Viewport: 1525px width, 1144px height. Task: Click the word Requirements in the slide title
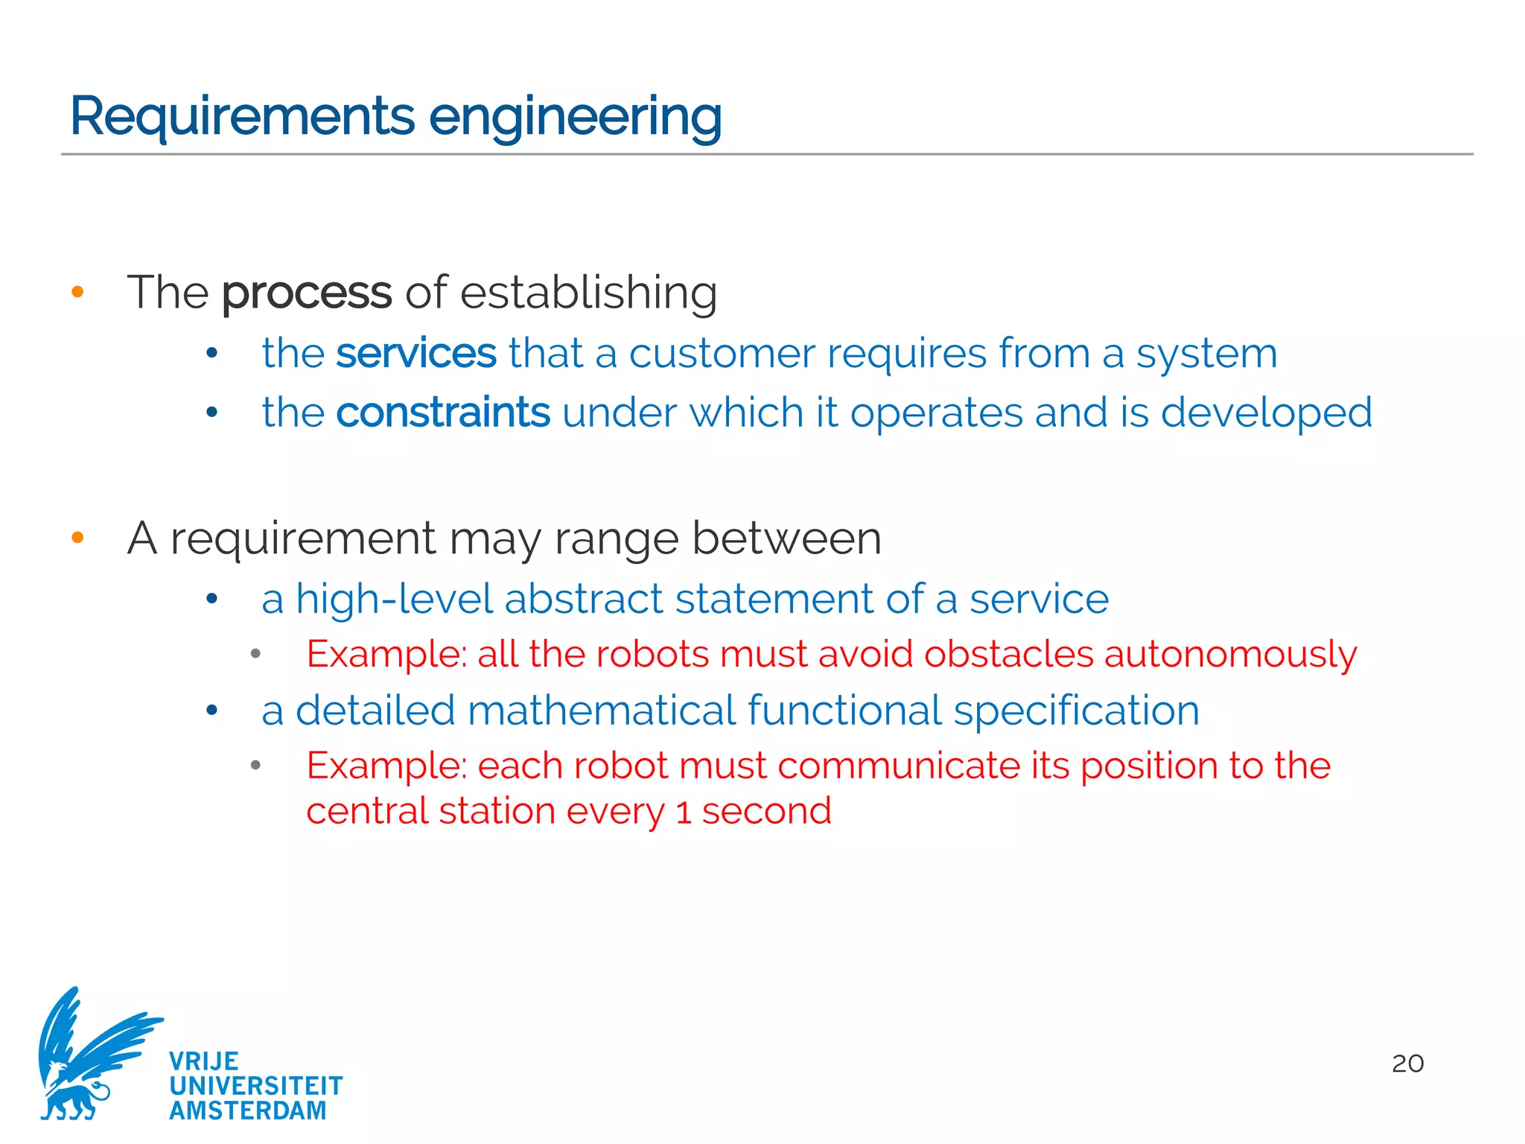click(242, 117)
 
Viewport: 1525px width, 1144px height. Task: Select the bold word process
click(306, 293)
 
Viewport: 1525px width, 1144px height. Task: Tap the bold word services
click(416, 353)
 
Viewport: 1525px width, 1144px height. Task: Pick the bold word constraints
click(443, 413)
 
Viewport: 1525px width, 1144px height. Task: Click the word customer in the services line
click(722, 353)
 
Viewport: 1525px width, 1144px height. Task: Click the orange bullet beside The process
click(77, 292)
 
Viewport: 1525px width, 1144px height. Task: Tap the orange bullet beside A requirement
click(77, 538)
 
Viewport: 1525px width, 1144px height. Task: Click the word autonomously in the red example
click(1230, 655)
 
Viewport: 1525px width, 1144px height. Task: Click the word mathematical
click(601, 711)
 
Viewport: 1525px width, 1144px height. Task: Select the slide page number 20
click(1407, 1064)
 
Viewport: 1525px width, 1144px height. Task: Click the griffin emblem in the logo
click(89, 1054)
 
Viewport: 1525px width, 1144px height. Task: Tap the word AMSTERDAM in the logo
click(248, 1110)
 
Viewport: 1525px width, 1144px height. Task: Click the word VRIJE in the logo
click(204, 1061)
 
